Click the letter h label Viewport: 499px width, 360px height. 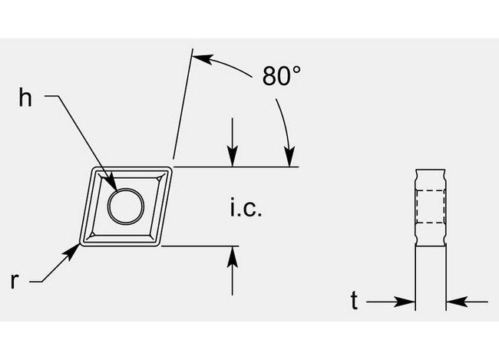[25, 97]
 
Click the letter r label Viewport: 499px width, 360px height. [15, 280]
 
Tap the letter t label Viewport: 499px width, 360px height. [354, 300]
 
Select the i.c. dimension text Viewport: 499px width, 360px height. [246, 207]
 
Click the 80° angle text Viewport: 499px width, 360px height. [281, 76]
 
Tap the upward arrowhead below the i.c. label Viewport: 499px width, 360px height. [233, 256]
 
